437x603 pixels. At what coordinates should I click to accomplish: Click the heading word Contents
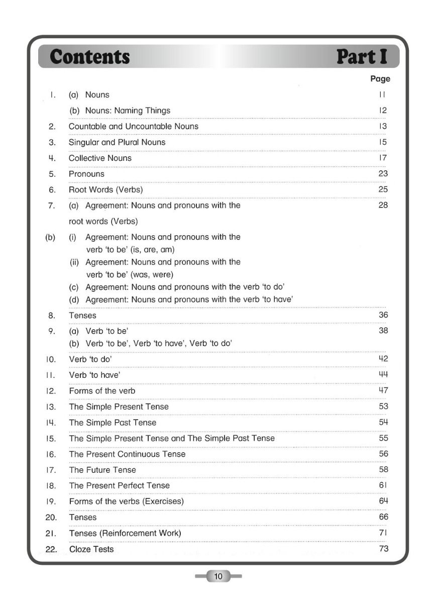point(90,57)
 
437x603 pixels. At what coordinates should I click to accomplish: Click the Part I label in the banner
point(362,57)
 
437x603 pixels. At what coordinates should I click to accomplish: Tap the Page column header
point(380,79)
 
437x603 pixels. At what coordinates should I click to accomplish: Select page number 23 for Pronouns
point(383,174)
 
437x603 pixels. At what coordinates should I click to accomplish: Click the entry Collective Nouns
point(100,158)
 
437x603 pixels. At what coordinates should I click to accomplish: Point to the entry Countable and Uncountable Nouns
point(133,127)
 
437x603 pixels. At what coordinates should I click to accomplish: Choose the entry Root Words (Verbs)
point(105,190)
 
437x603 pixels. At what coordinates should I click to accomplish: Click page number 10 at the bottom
point(218,576)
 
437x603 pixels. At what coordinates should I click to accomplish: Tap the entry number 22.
point(51,549)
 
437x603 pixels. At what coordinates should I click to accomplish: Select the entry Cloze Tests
point(91,549)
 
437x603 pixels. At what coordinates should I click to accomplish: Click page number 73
point(383,549)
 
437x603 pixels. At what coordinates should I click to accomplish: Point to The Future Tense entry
point(102,470)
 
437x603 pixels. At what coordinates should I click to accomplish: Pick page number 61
point(383,485)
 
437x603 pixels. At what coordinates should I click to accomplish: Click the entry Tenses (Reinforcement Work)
point(125,533)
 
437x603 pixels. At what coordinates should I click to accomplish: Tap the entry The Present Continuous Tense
point(127,454)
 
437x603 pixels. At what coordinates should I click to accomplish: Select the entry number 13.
point(51,407)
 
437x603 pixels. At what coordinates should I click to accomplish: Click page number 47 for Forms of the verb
point(383,390)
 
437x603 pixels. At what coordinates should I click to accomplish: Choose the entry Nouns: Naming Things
point(128,111)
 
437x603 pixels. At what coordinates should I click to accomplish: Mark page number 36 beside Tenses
point(383,315)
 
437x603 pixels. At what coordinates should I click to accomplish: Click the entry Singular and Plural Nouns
point(117,142)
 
